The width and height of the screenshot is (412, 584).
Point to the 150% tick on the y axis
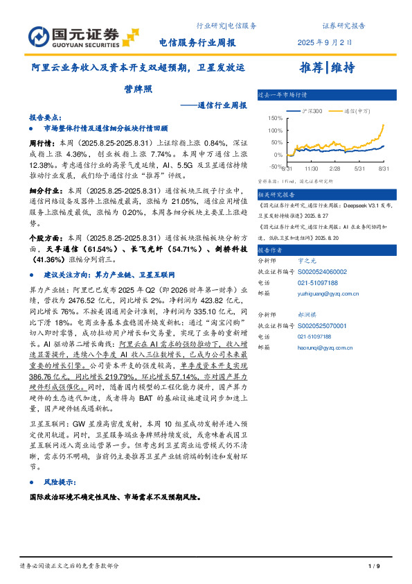[274, 118]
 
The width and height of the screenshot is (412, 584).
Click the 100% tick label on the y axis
[274, 130]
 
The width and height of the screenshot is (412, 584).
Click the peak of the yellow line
[384, 123]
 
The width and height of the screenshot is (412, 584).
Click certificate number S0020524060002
[323, 273]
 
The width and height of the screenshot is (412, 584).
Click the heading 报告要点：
[46, 118]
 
